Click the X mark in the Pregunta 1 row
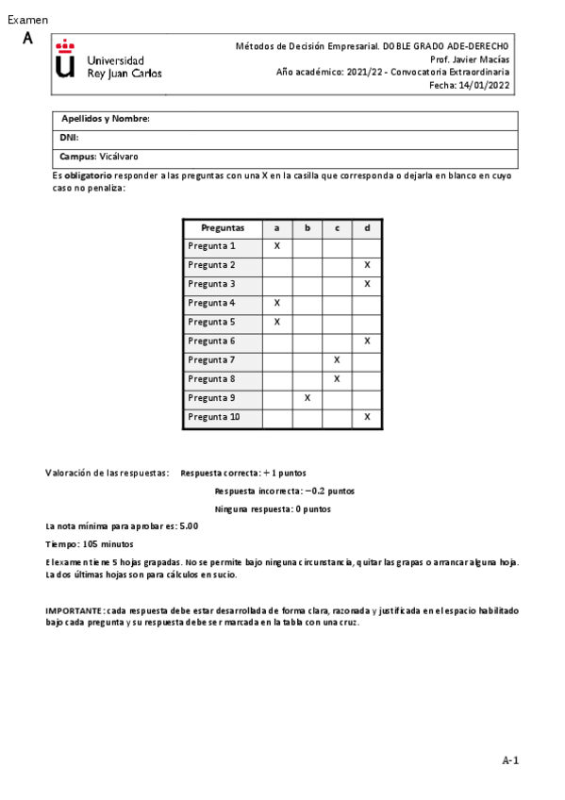point(277,246)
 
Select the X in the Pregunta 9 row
point(307,397)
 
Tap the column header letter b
point(307,227)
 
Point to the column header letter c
point(337,227)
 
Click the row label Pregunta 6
point(211,341)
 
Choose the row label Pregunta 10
point(214,416)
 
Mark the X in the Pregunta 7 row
point(337,359)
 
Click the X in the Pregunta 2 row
point(367,265)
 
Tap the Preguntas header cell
point(223,227)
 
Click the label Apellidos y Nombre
point(106,119)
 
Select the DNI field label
point(69,138)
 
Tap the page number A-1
point(510,760)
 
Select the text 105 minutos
point(108,544)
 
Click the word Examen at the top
point(27,20)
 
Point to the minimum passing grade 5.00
point(189,526)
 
